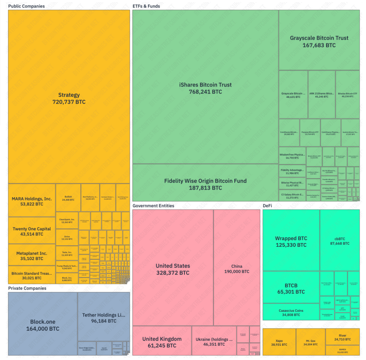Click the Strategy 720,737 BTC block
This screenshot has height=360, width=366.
69,98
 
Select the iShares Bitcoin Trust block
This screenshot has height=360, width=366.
205,88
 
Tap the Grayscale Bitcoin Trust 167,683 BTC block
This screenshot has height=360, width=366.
319,41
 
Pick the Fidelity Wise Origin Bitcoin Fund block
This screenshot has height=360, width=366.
205,184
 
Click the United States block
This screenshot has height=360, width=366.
173,269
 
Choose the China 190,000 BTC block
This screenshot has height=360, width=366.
237,269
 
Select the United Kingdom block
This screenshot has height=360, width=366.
162,342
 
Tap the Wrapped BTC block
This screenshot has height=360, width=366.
291,241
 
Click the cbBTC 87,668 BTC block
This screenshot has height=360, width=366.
340,241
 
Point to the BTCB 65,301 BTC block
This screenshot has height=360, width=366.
291,288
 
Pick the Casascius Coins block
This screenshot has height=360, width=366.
291,312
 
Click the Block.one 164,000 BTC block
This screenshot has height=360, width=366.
43,325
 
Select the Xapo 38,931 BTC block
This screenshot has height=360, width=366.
279,342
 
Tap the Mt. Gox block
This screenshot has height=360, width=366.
310,342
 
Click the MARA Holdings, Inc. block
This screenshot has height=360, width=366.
32,201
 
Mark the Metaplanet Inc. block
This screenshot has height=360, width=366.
32,256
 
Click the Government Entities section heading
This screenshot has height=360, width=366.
153,206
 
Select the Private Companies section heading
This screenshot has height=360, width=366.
27,288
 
